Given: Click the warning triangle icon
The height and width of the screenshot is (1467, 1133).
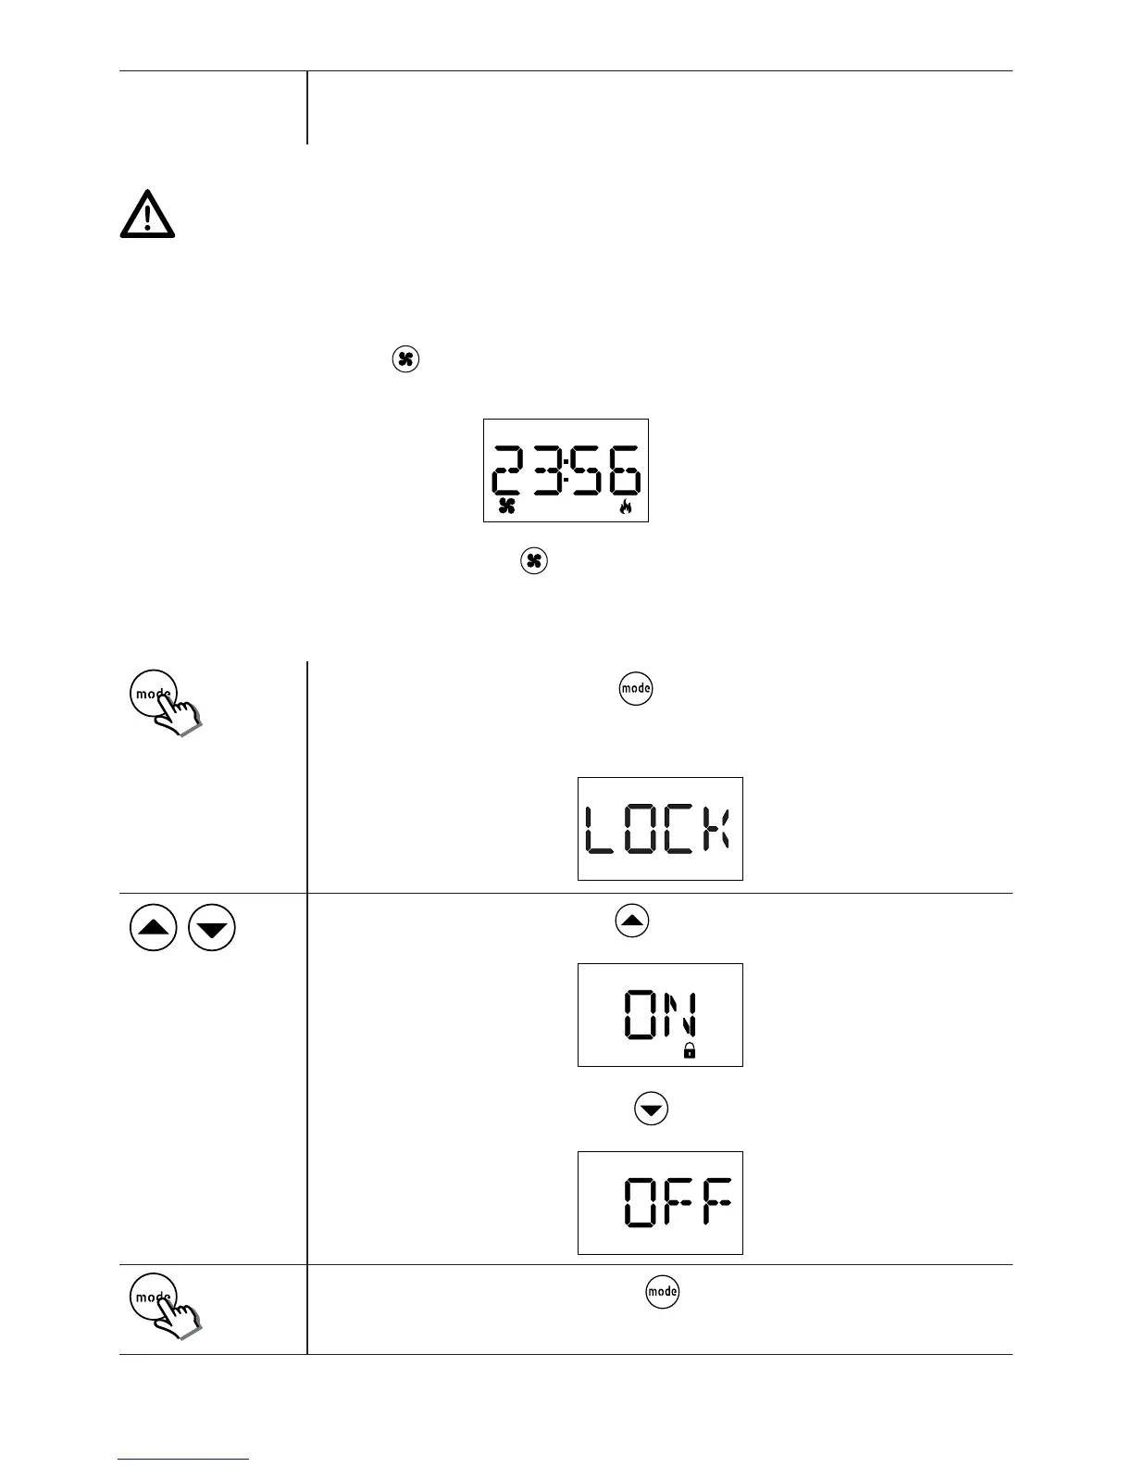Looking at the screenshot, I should pyautogui.click(x=147, y=215).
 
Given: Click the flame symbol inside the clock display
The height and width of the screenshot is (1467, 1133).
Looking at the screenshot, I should pyautogui.click(x=626, y=506).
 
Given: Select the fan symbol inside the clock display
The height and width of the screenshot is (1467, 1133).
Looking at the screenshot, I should pyautogui.click(x=506, y=506).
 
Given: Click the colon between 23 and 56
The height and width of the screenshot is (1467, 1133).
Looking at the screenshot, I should pyautogui.click(x=565, y=470).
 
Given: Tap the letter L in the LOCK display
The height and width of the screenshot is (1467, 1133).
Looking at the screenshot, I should pyautogui.click(x=600, y=829).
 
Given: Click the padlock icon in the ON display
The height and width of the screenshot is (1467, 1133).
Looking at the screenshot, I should pyautogui.click(x=689, y=1050).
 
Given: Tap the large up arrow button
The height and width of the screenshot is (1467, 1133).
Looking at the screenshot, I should pyautogui.click(x=154, y=929).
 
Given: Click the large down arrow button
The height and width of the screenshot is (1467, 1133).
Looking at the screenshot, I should pyautogui.click(x=212, y=929).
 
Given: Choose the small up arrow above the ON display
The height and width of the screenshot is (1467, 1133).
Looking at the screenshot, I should pyautogui.click(x=632, y=922).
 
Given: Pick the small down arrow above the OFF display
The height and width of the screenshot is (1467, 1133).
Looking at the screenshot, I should pyautogui.click(x=652, y=1109).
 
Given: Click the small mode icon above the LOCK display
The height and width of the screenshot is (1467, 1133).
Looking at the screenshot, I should pyautogui.click(x=636, y=689).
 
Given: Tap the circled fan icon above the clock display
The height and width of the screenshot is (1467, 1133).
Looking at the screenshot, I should pyautogui.click(x=405, y=359).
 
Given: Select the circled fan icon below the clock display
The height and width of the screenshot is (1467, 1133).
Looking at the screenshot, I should pyautogui.click(x=534, y=561).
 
